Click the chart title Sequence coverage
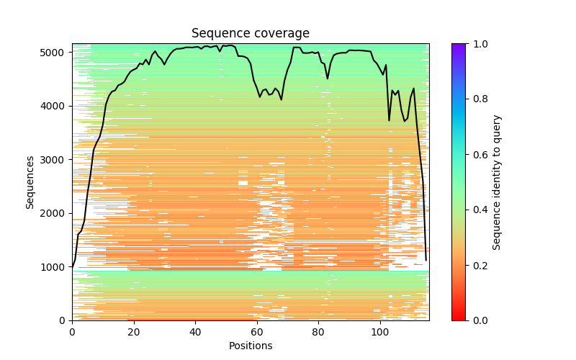[x=250, y=33]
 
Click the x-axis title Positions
[x=250, y=346]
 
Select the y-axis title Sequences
[x=30, y=182]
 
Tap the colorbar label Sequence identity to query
[x=497, y=182]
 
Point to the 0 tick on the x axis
[x=72, y=332]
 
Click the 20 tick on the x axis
[x=134, y=332]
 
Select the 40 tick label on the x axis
[x=195, y=332]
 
